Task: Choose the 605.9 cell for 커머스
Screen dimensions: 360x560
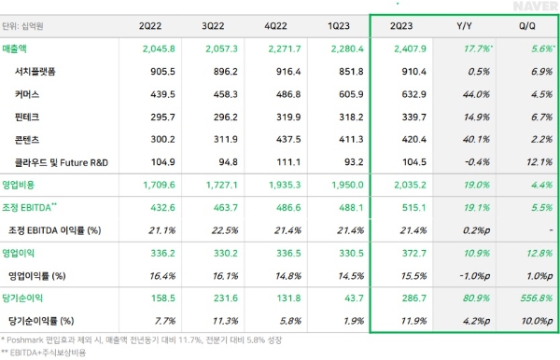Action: (x=333, y=94)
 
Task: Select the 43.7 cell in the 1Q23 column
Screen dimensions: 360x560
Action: (x=337, y=298)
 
